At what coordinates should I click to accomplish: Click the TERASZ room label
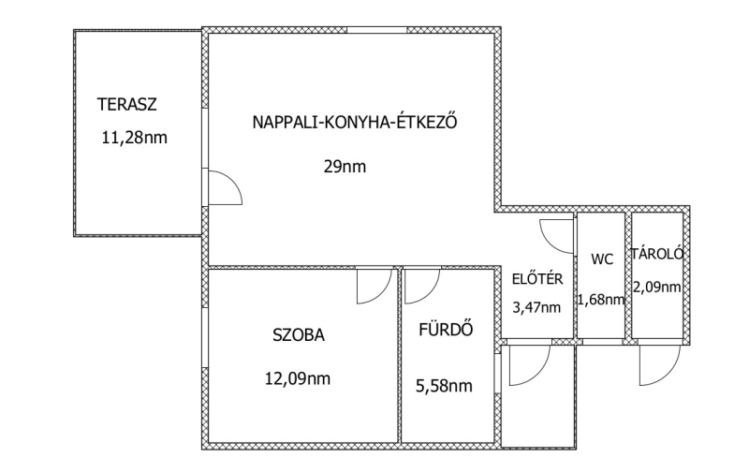click(127, 104)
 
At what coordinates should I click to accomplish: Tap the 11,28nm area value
click(134, 138)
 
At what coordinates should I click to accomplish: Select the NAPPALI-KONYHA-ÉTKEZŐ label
click(355, 122)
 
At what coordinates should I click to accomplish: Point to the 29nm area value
click(345, 167)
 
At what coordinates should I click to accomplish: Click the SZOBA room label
click(299, 335)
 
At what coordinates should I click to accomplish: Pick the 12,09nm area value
click(298, 379)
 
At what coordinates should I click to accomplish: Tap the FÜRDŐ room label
click(446, 329)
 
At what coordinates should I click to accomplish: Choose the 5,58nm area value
click(444, 386)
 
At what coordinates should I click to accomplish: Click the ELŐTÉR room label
click(537, 278)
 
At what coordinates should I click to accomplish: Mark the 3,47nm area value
click(536, 307)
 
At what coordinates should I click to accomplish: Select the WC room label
click(602, 259)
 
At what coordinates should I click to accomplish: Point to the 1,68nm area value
click(601, 300)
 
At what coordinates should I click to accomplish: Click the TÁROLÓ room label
click(657, 254)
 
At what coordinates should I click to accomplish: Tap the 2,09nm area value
click(657, 287)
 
